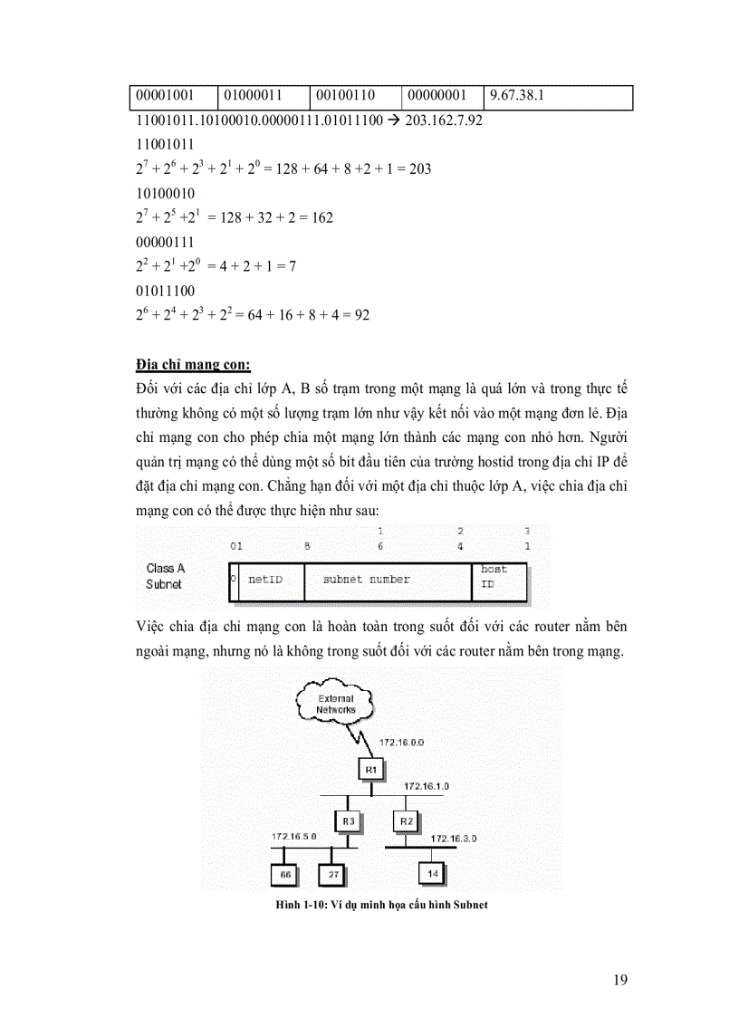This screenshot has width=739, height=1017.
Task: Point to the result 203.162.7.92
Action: [x=440, y=120]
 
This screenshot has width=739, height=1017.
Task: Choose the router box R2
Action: [x=407, y=821]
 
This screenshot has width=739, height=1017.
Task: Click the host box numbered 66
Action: [x=285, y=874]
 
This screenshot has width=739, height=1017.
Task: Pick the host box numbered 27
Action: [x=332, y=874]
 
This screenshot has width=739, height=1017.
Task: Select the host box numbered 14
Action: [x=433, y=874]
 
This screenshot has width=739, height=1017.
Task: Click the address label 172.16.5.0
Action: [x=296, y=837]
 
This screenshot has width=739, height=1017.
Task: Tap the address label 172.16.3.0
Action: [x=454, y=839]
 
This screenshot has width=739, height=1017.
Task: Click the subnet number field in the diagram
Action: [x=367, y=580]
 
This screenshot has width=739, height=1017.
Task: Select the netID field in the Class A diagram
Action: [x=266, y=580]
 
